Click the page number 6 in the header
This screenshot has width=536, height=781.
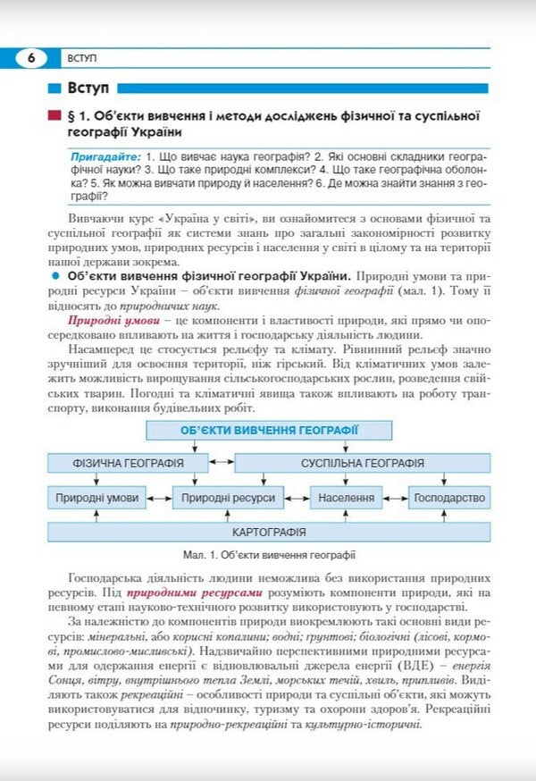tap(31, 59)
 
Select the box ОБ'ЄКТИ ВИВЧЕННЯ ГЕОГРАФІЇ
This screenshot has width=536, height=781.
tap(270, 430)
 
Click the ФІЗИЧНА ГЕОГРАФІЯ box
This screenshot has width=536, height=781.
tap(128, 463)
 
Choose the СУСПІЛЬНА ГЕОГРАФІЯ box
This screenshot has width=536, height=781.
tap(362, 463)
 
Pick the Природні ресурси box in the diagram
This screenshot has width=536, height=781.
tap(229, 497)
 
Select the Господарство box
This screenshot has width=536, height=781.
tap(449, 497)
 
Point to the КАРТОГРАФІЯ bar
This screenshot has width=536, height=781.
tap(269, 532)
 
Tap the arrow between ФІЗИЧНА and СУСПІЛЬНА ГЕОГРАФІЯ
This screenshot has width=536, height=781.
tap(222, 463)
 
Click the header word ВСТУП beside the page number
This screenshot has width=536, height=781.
tap(82, 59)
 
